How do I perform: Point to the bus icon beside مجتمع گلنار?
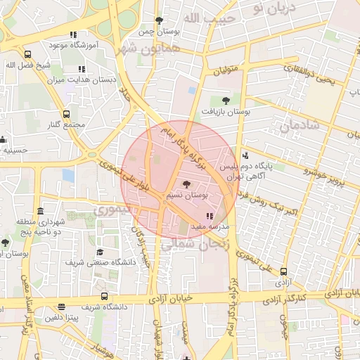click(66, 113)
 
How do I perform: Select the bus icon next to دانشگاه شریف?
click(104, 296)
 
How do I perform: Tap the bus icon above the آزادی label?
click(283, 271)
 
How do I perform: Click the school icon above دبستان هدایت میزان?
click(82, 69)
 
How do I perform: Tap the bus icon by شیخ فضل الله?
click(27, 54)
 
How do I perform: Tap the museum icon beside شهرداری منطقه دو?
click(40, 212)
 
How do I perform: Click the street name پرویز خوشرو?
click(326, 175)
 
